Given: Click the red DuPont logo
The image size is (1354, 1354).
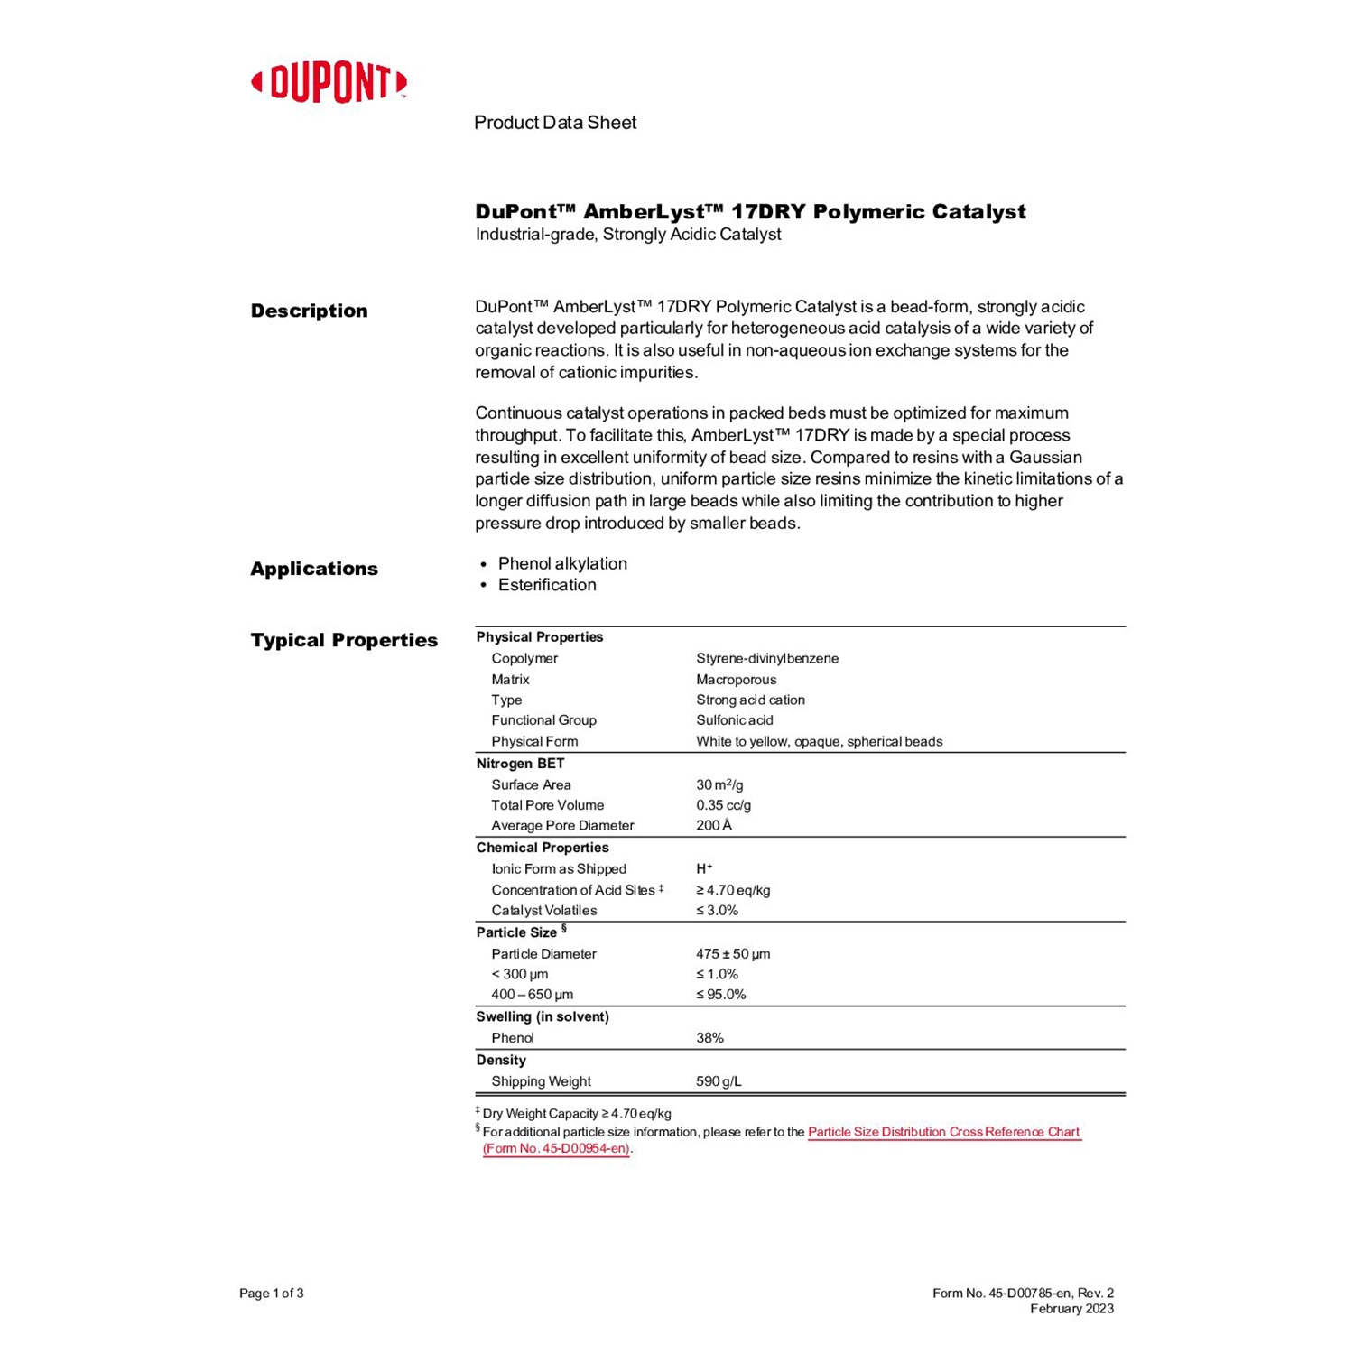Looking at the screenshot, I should (329, 83).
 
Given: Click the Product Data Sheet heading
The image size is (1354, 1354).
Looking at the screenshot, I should (554, 123).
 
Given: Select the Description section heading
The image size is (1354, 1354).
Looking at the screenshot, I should (309, 311).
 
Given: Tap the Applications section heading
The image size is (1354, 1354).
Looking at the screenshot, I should (313, 569).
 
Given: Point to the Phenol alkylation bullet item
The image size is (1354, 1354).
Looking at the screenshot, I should (561, 563).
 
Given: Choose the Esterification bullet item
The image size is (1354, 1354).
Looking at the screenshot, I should (546, 585).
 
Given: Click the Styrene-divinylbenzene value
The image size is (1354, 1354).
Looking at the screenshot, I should (766, 658).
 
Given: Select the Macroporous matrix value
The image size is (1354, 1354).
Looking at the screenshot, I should (736, 679).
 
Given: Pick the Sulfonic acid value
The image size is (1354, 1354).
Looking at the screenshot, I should (734, 720).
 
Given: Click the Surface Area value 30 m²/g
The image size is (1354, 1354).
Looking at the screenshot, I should (719, 784).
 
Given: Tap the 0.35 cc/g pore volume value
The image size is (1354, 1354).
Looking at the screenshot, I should (723, 805).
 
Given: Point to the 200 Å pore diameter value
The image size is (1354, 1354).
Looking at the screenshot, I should (714, 825).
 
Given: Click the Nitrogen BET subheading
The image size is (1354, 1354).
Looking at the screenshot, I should (520, 764).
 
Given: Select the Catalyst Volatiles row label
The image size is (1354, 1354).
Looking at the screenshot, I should (543, 911).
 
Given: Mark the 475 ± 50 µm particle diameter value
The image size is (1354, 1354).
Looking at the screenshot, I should (733, 954).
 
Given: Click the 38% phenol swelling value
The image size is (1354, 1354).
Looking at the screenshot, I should (709, 1038).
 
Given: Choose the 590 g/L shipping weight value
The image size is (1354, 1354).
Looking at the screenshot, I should (719, 1081).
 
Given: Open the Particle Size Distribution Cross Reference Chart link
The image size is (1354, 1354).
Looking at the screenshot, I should (943, 1132).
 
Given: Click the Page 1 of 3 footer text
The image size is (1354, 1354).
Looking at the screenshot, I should (271, 1294).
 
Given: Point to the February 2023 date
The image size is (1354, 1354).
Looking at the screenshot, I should (1071, 1309).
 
